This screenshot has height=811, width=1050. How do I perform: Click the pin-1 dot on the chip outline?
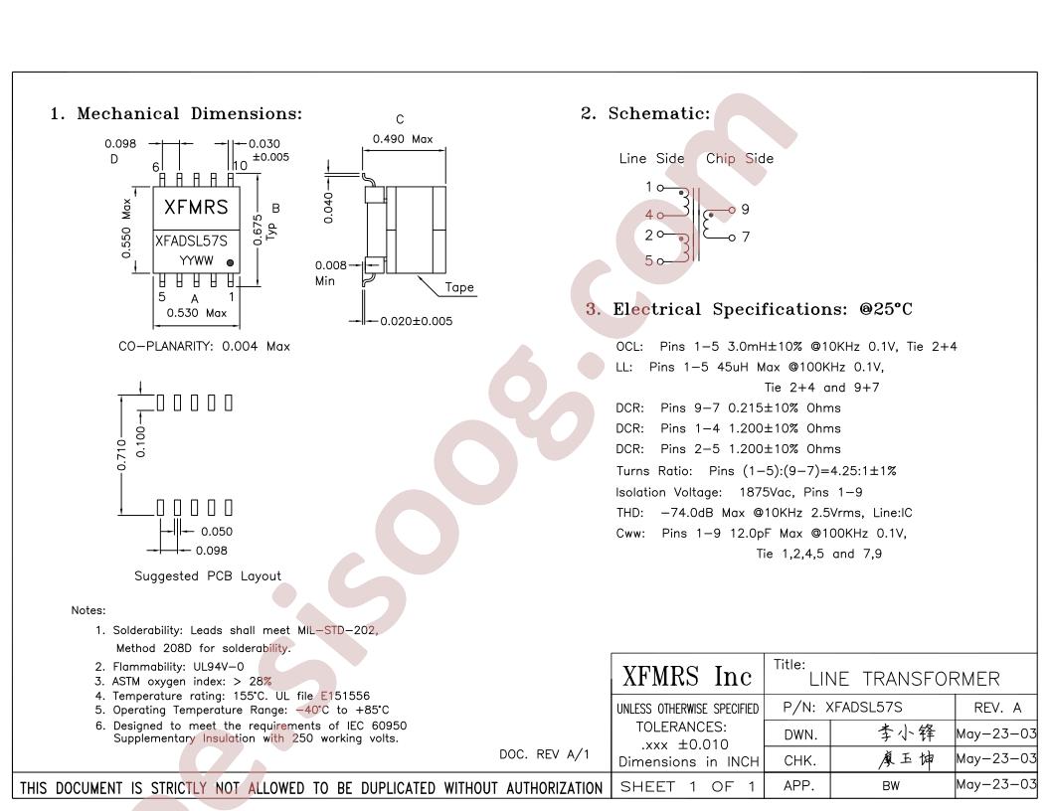click(230, 263)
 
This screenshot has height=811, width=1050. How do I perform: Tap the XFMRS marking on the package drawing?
click(196, 208)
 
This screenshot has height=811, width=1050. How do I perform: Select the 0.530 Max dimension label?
click(196, 313)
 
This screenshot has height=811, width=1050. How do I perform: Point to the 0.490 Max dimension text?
click(403, 139)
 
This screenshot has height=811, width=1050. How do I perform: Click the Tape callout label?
click(459, 288)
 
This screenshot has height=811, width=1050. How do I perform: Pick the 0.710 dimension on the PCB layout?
click(121, 455)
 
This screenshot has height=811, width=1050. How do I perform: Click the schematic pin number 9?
click(746, 210)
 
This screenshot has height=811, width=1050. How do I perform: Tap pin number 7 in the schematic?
click(746, 237)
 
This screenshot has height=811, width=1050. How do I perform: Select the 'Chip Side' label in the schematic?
click(740, 159)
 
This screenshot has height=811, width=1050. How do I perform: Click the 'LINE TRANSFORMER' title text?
click(904, 679)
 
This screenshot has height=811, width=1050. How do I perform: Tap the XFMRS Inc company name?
click(687, 677)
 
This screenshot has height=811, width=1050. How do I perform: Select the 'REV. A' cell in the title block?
click(997, 708)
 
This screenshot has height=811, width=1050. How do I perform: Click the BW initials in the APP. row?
click(891, 786)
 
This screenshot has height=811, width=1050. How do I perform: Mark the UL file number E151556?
click(345, 696)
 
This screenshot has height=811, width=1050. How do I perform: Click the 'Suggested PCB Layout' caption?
click(208, 576)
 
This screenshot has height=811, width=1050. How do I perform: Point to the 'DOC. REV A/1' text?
click(545, 754)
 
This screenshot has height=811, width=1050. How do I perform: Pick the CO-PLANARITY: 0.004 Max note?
click(204, 347)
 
